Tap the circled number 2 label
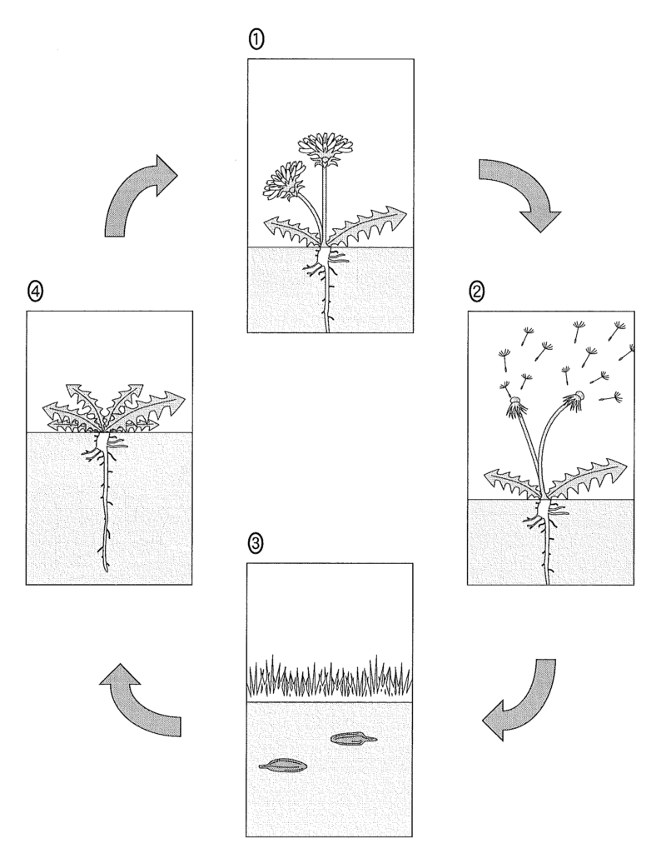(x=477, y=292)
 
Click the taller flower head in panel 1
(x=325, y=148)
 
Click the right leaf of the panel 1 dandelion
(x=366, y=226)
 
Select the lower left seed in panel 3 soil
(x=282, y=764)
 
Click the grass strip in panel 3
(x=330, y=679)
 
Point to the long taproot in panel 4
(x=106, y=516)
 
